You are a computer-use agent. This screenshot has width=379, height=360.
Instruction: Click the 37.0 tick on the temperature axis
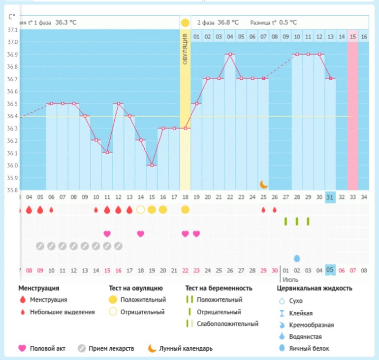tap(12, 42)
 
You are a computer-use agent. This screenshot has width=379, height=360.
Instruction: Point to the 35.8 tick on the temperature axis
tap(12, 190)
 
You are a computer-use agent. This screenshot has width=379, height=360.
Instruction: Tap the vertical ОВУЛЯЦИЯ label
tap(185, 49)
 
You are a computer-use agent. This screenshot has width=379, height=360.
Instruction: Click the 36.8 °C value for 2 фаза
tap(228, 22)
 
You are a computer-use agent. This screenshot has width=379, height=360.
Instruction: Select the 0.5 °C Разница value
tap(288, 22)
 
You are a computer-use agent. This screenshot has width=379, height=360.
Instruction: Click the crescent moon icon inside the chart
tap(264, 184)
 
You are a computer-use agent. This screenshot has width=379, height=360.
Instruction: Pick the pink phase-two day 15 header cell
tap(352, 36)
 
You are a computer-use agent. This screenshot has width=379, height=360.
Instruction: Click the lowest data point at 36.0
tap(152, 165)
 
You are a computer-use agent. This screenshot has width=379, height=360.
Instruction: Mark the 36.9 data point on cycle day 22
tap(230, 54)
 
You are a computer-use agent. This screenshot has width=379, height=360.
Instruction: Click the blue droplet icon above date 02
tap(297, 259)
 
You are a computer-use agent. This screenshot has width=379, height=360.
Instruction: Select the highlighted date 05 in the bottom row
tap(330, 270)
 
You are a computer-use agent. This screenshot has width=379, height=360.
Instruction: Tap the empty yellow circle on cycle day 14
tap(141, 210)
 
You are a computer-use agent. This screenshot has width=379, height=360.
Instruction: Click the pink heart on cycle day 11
tap(107, 233)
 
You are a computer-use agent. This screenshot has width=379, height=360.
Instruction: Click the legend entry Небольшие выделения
tap(62, 312)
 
